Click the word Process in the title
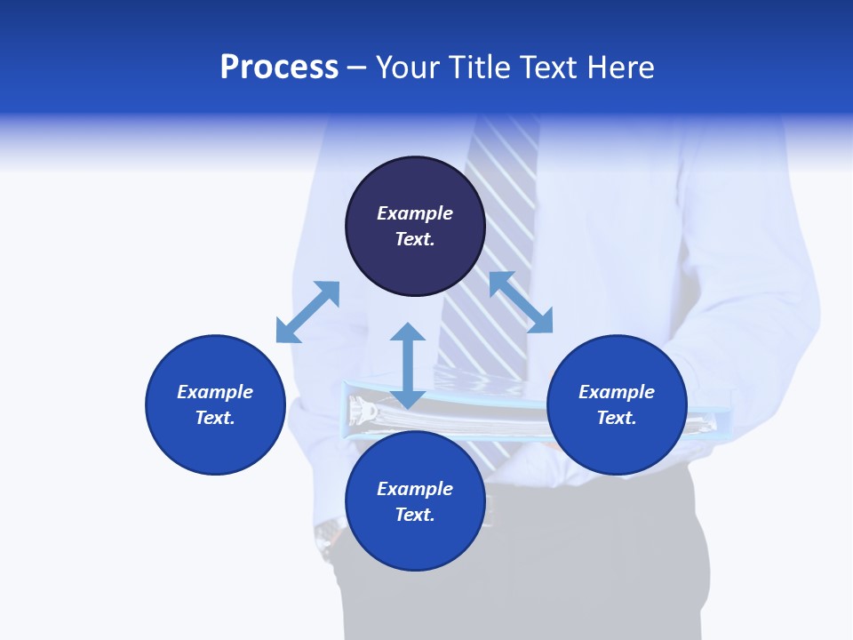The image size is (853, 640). [279, 68]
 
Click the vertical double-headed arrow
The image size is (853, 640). [408, 365]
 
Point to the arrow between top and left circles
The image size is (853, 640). [307, 312]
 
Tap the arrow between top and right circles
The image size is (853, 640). [521, 302]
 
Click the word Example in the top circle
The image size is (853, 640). [415, 213]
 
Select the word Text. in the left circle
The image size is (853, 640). [215, 418]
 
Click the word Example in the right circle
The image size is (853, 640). [617, 392]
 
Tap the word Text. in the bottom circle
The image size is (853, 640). [415, 515]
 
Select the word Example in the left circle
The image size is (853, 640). [215, 392]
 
